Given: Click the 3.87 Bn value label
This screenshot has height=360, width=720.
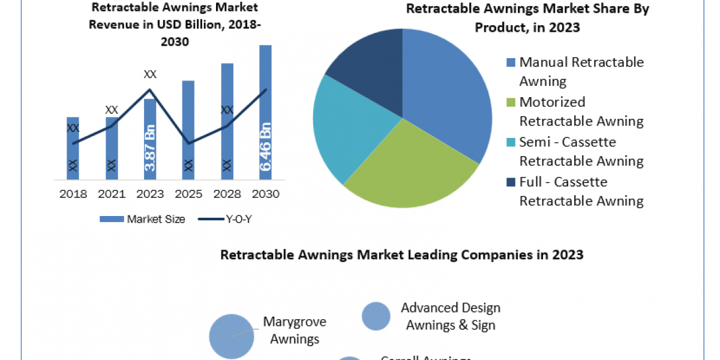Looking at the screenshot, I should pyautogui.click(x=150, y=146).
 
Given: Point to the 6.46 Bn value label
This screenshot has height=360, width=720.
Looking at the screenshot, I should pyautogui.click(x=265, y=146).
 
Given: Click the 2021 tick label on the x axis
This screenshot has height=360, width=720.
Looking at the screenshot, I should pyautogui.click(x=112, y=194).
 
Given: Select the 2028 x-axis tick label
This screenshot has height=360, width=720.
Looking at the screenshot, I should pyautogui.click(x=227, y=194).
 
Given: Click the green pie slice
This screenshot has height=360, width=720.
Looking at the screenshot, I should pyautogui.click(x=408, y=168).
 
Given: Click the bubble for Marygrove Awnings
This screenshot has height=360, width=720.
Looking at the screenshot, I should pyautogui.click(x=232, y=336).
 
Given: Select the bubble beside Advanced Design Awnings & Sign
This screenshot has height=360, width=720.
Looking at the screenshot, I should pyautogui.click(x=377, y=316).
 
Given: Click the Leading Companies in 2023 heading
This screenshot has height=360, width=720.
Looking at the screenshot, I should pyautogui.click(x=402, y=254).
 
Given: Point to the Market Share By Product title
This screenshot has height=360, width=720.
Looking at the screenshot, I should pyautogui.click(x=527, y=18).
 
